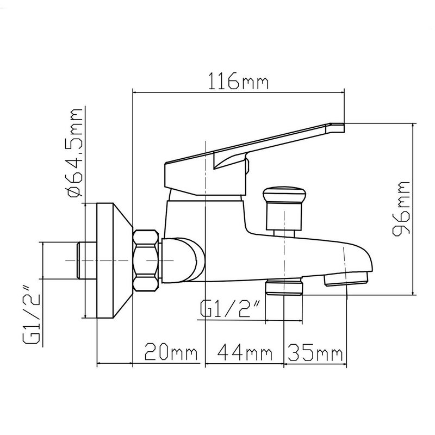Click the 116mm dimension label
point(238,80)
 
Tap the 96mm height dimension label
point(401,208)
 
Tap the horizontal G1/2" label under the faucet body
point(231,308)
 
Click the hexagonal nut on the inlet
point(146,260)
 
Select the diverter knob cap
point(284,195)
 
